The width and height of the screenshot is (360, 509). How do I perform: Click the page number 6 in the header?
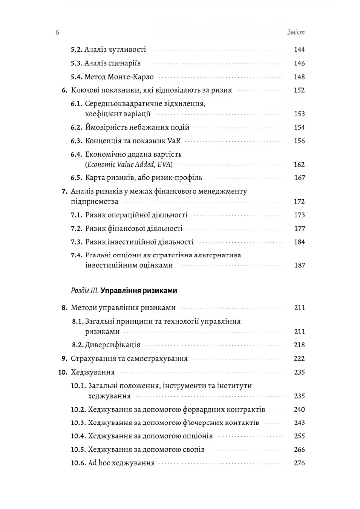pos(57,33)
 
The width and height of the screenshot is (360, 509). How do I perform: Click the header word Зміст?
pos(295,33)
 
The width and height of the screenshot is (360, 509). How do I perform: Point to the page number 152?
pos(299,91)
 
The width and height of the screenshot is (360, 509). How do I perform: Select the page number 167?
pos(299,178)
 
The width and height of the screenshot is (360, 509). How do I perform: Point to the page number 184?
pos(299,242)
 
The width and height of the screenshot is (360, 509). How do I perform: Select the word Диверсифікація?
pos(112,344)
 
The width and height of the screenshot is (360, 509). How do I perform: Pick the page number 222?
pos(299,358)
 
